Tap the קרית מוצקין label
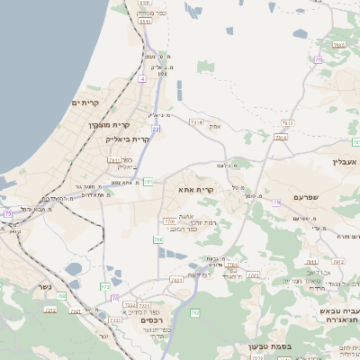tap(109, 125)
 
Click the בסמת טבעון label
tap(269, 346)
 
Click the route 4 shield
tap(141, 79)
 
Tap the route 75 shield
tap(8, 213)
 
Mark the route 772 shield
tap(105, 287)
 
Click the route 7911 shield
tap(114, 160)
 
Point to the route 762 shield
tap(194, 312)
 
